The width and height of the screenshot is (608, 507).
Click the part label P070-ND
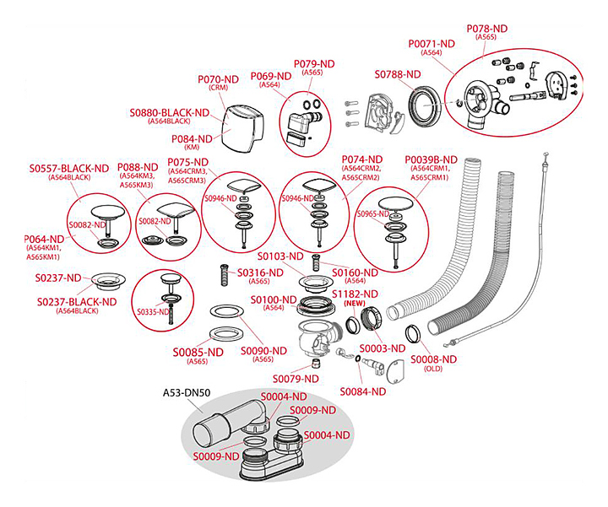[x=219, y=79]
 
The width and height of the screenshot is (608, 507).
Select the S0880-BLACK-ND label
[x=170, y=112]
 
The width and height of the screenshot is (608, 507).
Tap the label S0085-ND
[x=198, y=352]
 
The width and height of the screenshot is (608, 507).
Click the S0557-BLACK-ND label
[x=68, y=168]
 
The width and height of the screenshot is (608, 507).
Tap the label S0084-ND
[x=362, y=391]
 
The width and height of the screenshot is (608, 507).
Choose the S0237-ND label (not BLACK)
[x=58, y=278]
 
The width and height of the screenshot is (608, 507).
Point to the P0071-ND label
[x=432, y=43]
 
